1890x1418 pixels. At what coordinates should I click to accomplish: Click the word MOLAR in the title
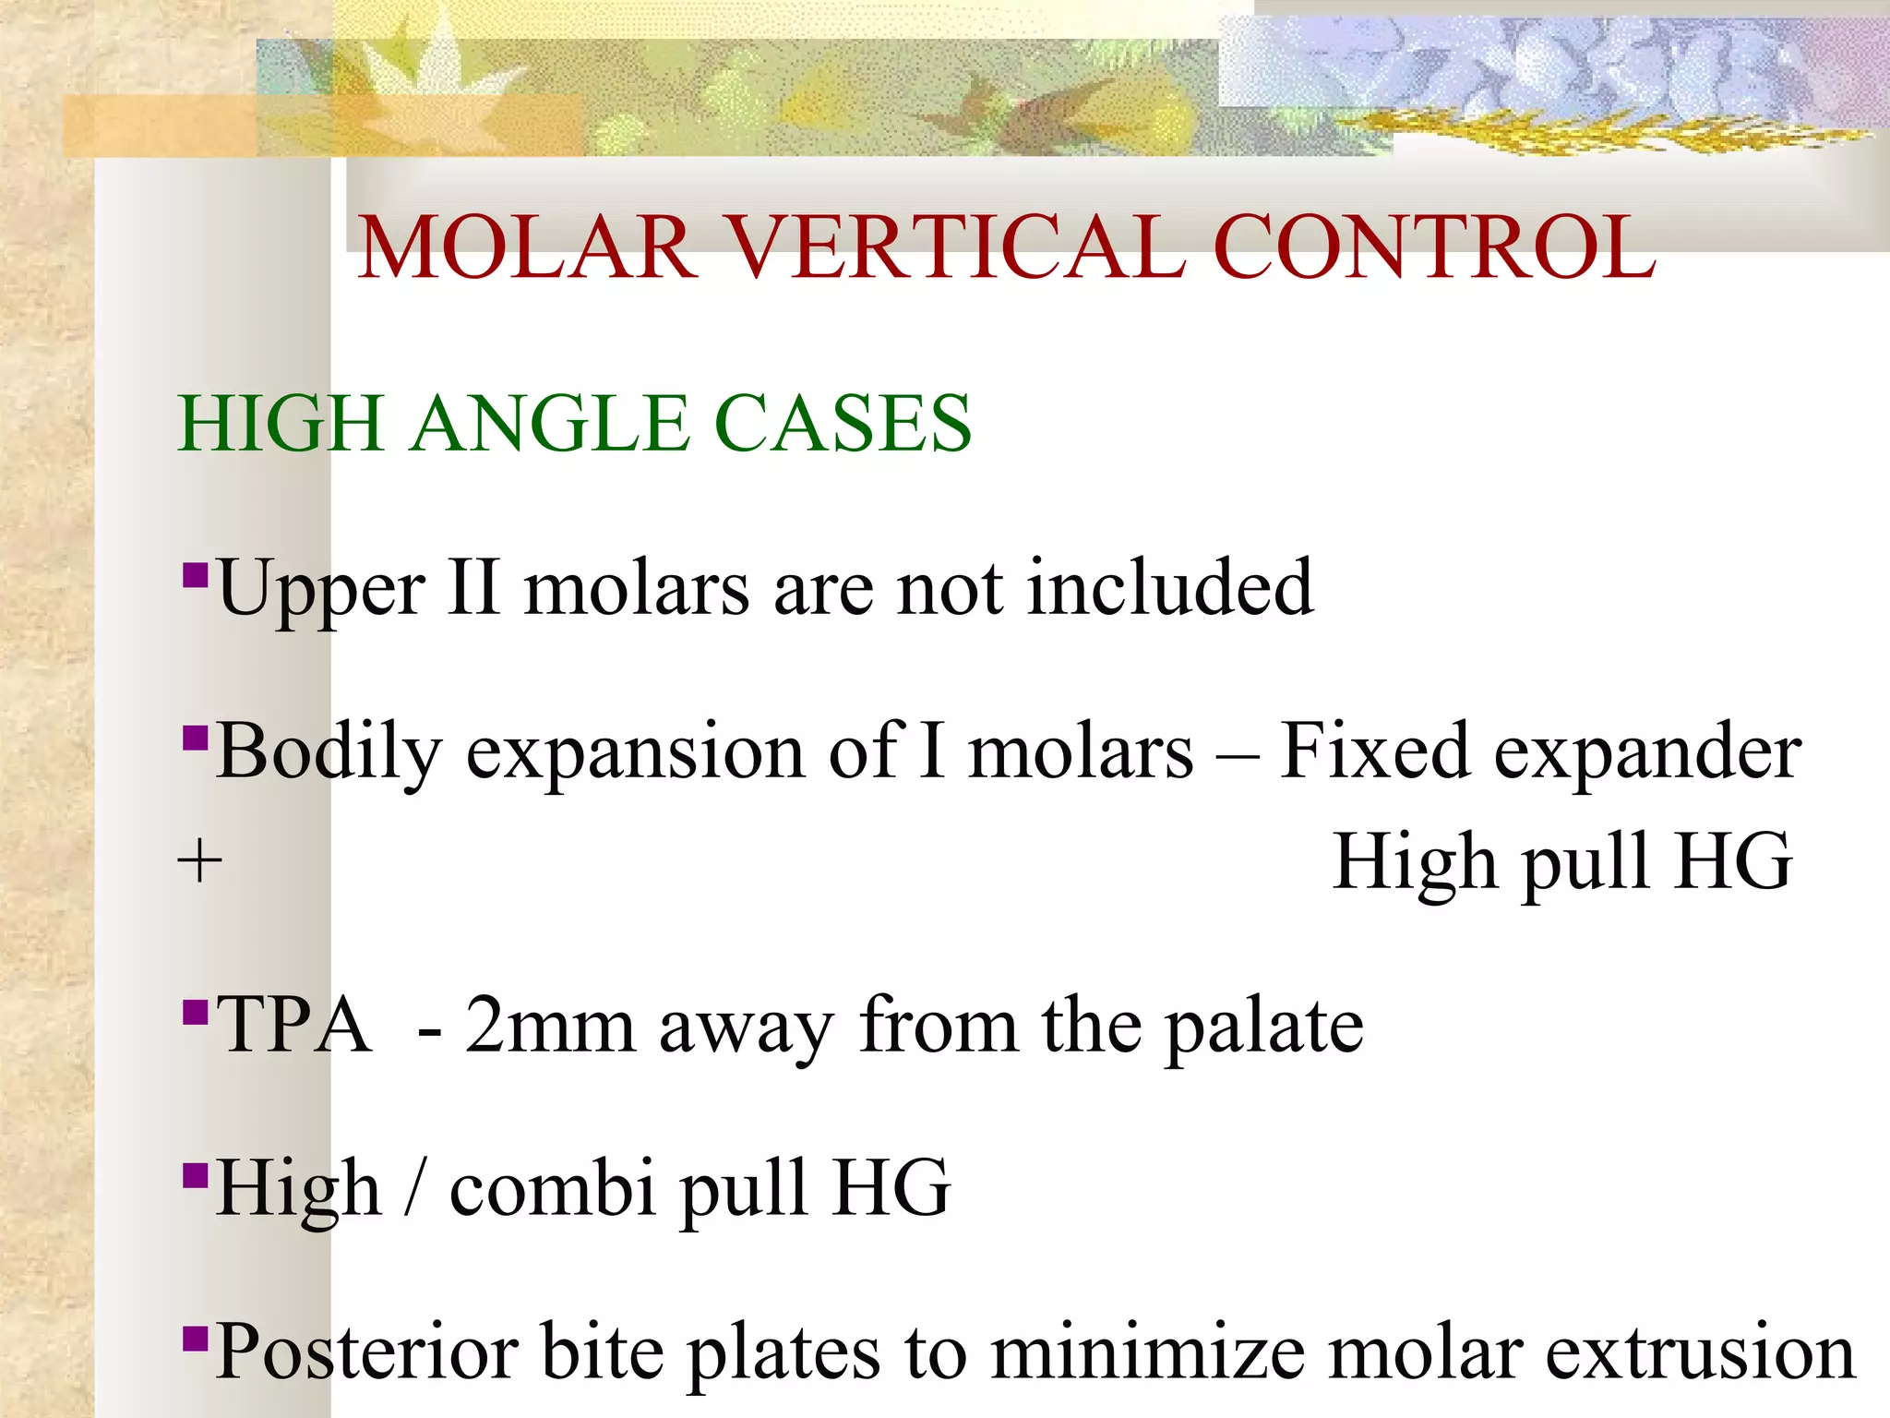pos(527,247)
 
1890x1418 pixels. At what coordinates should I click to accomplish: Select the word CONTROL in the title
pos(1435,247)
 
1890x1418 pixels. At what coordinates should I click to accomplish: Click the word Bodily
pos(329,752)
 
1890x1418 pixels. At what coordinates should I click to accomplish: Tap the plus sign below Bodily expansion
pos(199,863)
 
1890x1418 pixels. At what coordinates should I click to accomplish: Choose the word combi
pos(554,1189)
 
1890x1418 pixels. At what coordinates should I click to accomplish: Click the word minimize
pos(1148,1352)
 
